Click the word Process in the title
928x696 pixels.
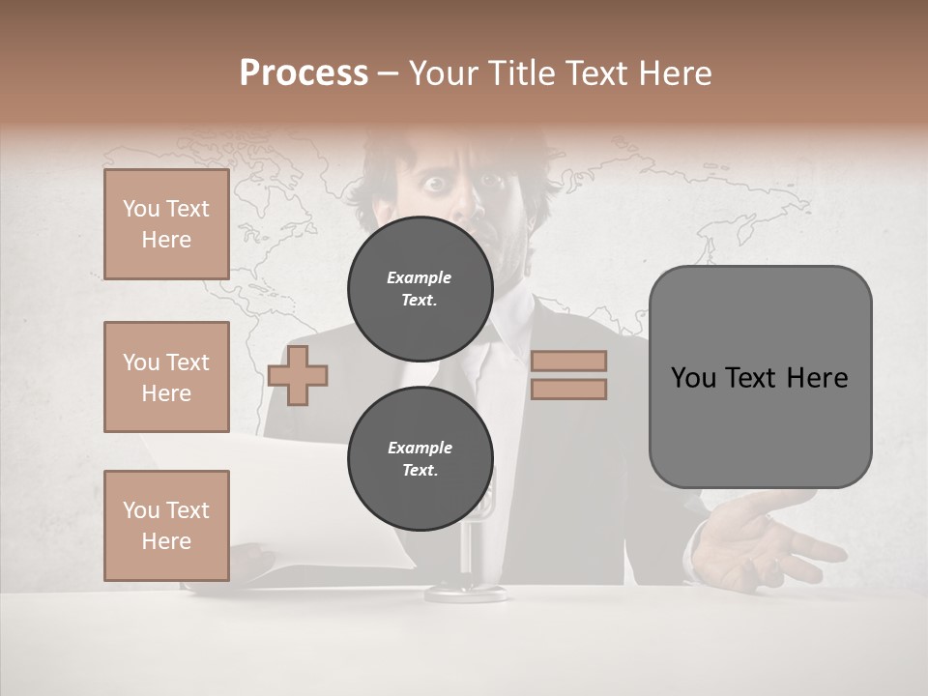coord(304,73)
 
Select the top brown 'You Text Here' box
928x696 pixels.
coord(166,224)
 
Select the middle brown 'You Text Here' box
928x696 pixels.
coord(166,377)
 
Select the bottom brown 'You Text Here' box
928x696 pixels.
coord(166,526)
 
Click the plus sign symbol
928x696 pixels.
coord(298,376)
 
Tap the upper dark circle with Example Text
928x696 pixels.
coord(420,289)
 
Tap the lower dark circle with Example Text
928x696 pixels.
coord(420,459)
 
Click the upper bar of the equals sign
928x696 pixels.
coord(568,361)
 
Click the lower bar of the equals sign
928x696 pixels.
coord(568,390)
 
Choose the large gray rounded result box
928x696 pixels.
coord(760,377)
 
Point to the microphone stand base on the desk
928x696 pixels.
coord(467,591)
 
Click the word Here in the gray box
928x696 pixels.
coord(818,378)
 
